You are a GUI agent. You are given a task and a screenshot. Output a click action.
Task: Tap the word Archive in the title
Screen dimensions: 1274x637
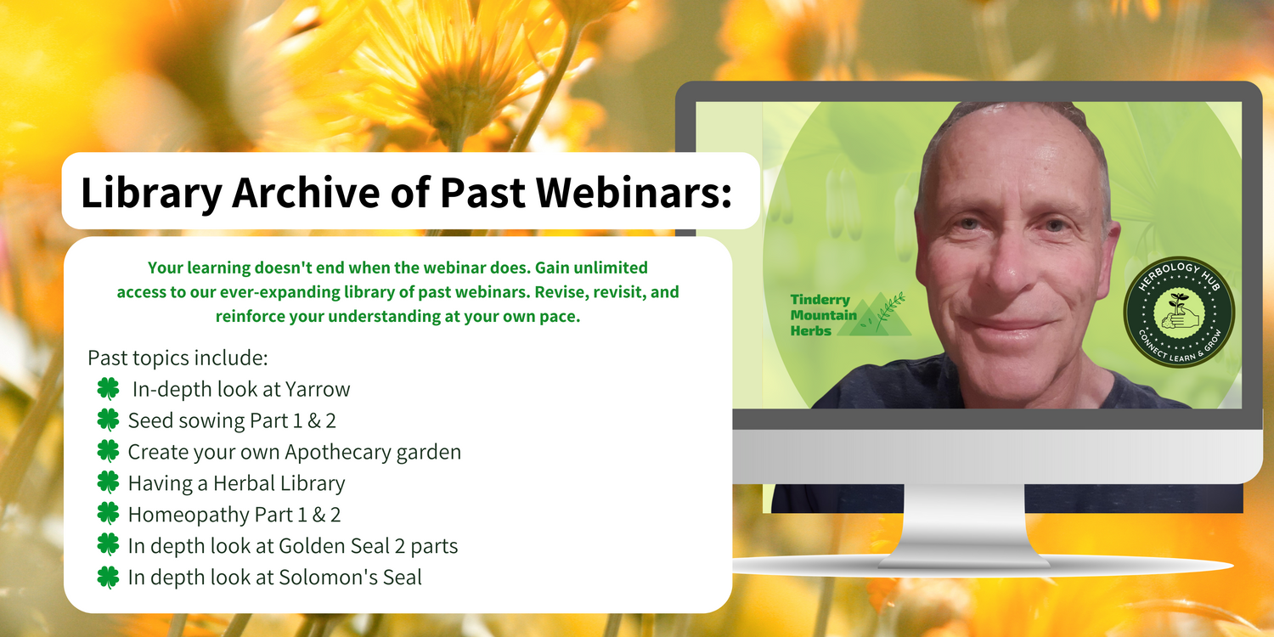point(306,192)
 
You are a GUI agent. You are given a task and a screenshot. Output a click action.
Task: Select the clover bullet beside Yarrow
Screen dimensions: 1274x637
point(108,388)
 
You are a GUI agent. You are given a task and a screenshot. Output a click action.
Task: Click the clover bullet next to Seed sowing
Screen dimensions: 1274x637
point(108,420)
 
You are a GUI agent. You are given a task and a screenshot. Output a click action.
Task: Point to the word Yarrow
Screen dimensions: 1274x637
point(318,390)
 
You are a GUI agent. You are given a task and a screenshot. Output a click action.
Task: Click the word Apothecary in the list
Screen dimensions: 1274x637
point(338,453)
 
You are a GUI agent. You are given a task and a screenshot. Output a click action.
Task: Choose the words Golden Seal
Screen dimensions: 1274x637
point(334,546)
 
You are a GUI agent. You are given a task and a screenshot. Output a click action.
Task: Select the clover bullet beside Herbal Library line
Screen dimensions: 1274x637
point(108,482)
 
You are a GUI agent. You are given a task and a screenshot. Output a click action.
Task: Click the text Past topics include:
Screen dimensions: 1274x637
point(178,358)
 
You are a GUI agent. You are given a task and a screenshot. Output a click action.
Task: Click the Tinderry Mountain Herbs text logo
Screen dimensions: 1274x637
point(823,315)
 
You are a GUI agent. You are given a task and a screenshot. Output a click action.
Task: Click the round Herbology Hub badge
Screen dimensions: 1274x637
point(1179,312)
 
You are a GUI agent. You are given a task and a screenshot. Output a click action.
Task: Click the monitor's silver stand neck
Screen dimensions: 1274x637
point(963,521)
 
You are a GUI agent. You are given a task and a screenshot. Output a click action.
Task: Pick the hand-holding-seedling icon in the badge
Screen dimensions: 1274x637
point(1180,313)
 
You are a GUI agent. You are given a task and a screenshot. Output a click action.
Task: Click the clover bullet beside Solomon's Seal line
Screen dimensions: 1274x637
point(108,577)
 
